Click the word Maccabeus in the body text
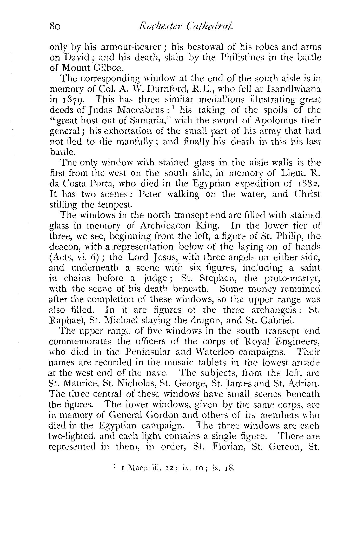pyautogui.click(x=140, y=110)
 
